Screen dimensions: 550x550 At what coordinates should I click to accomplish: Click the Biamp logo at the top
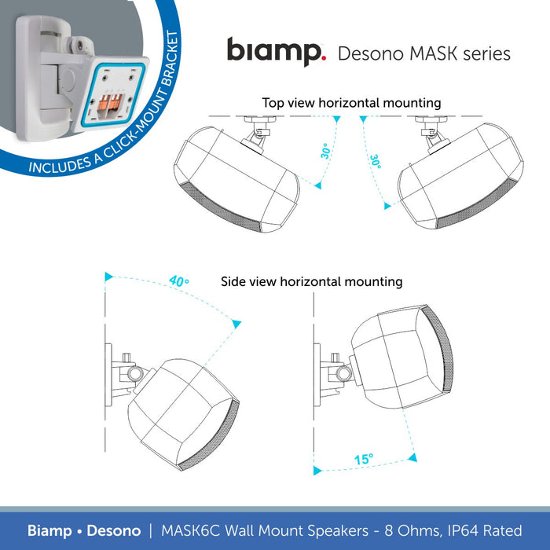click(275, 51)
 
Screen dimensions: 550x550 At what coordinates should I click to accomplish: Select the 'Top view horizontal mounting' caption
click(351, 103)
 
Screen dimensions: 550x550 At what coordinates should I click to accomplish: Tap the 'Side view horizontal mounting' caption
click(311, 281)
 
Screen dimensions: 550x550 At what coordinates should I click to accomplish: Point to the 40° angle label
click(179, 280)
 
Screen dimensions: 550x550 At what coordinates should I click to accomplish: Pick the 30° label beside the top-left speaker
click(325, 151)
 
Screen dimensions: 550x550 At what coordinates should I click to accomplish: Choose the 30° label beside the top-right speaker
click(376, 162)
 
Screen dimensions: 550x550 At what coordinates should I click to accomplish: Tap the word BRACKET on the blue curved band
click(169, 75)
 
